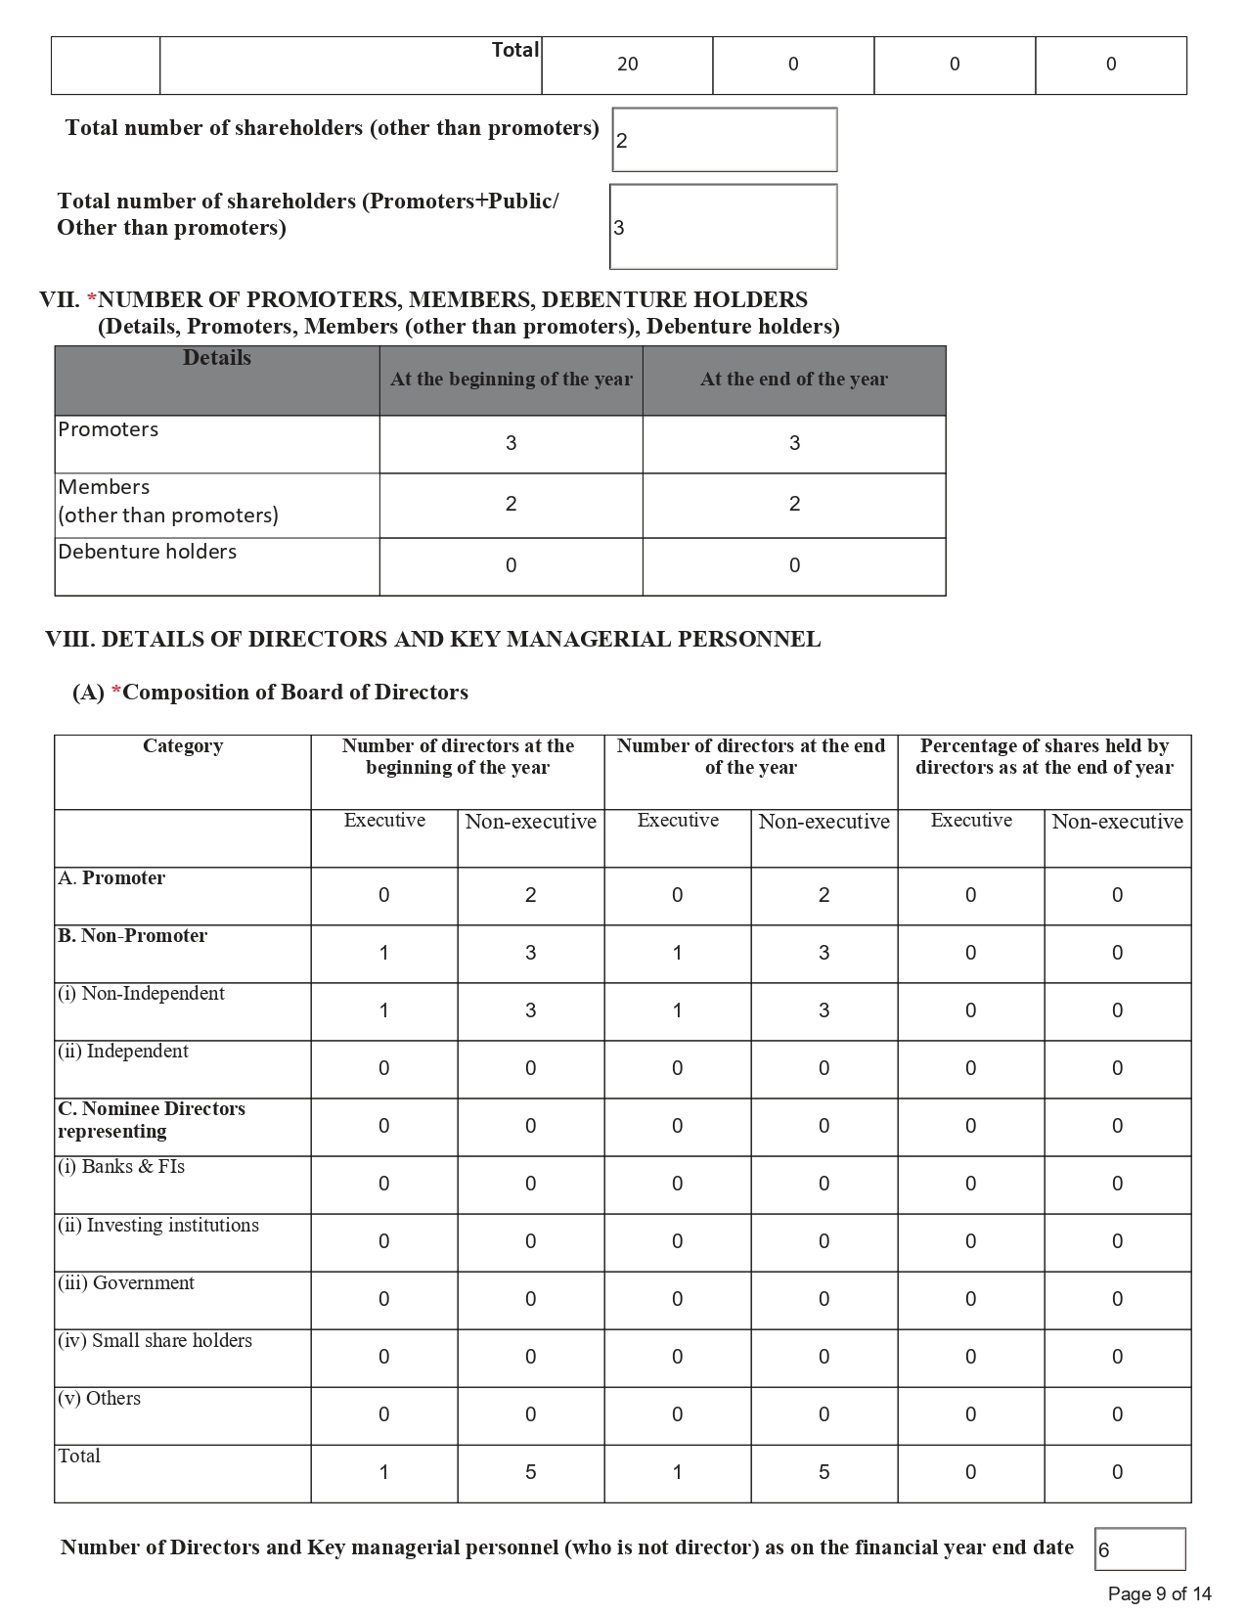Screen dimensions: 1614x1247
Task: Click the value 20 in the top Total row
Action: point(627,65)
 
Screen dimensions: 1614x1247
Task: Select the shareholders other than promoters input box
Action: point(724,140)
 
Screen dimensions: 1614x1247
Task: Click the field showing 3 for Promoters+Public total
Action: point(724,227)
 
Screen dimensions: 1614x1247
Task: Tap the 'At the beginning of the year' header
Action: point(511,380)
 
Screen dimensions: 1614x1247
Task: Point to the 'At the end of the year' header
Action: point(793,380)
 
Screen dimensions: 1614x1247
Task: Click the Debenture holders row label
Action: point(147,552)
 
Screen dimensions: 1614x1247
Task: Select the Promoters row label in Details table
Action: point(108,429)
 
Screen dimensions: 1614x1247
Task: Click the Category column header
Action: point(183,746)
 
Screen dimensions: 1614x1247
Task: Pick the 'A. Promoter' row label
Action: point(111,878)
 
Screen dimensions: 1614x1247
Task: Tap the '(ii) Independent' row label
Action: point(122,1052)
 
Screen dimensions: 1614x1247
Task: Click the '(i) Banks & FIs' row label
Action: point(120,1167)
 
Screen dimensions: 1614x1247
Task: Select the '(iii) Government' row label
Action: point(125,1283)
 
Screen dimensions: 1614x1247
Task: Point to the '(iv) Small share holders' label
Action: point(155,1341)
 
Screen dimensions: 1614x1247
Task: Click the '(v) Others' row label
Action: point(99,1399)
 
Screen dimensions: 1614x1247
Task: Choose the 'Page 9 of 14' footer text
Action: point(1159,1594)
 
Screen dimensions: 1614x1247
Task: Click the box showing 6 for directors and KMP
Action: point(1139,1549)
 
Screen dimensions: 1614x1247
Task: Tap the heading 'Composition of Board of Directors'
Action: point(295,693)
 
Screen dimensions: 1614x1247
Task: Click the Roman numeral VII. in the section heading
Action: point(59,300)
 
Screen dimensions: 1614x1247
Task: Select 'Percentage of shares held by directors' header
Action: point(1044,757)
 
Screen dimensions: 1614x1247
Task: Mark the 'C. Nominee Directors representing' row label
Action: point(151,1120)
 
